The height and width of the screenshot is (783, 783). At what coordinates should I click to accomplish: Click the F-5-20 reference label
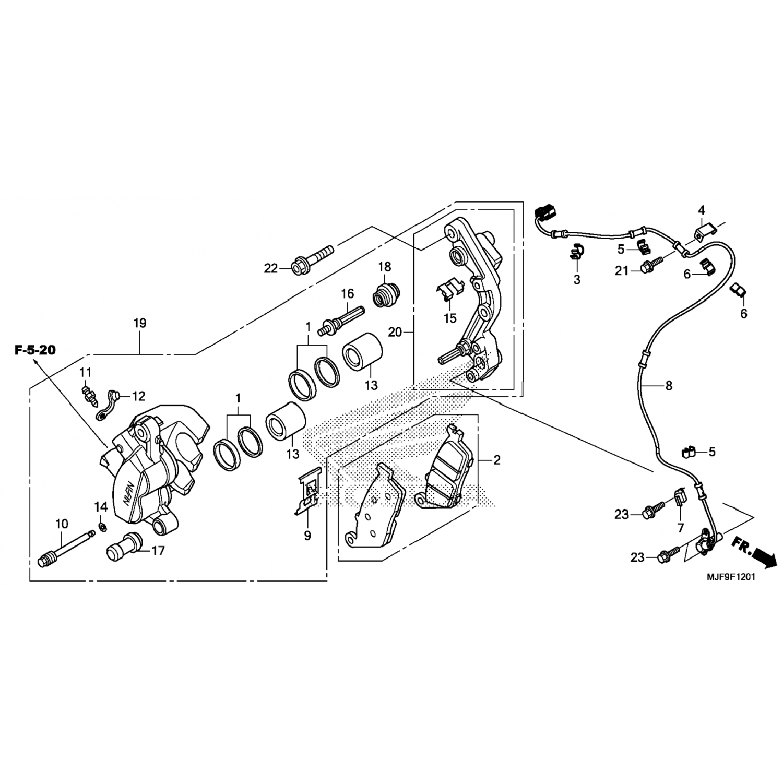[34, 350]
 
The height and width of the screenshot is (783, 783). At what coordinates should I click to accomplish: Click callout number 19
[139, 323]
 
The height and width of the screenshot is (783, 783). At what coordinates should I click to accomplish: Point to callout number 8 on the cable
[669, 386]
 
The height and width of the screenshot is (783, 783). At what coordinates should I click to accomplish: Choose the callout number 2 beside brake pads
[496, 460]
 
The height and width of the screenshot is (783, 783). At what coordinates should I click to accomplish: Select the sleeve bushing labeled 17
[124, 547]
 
